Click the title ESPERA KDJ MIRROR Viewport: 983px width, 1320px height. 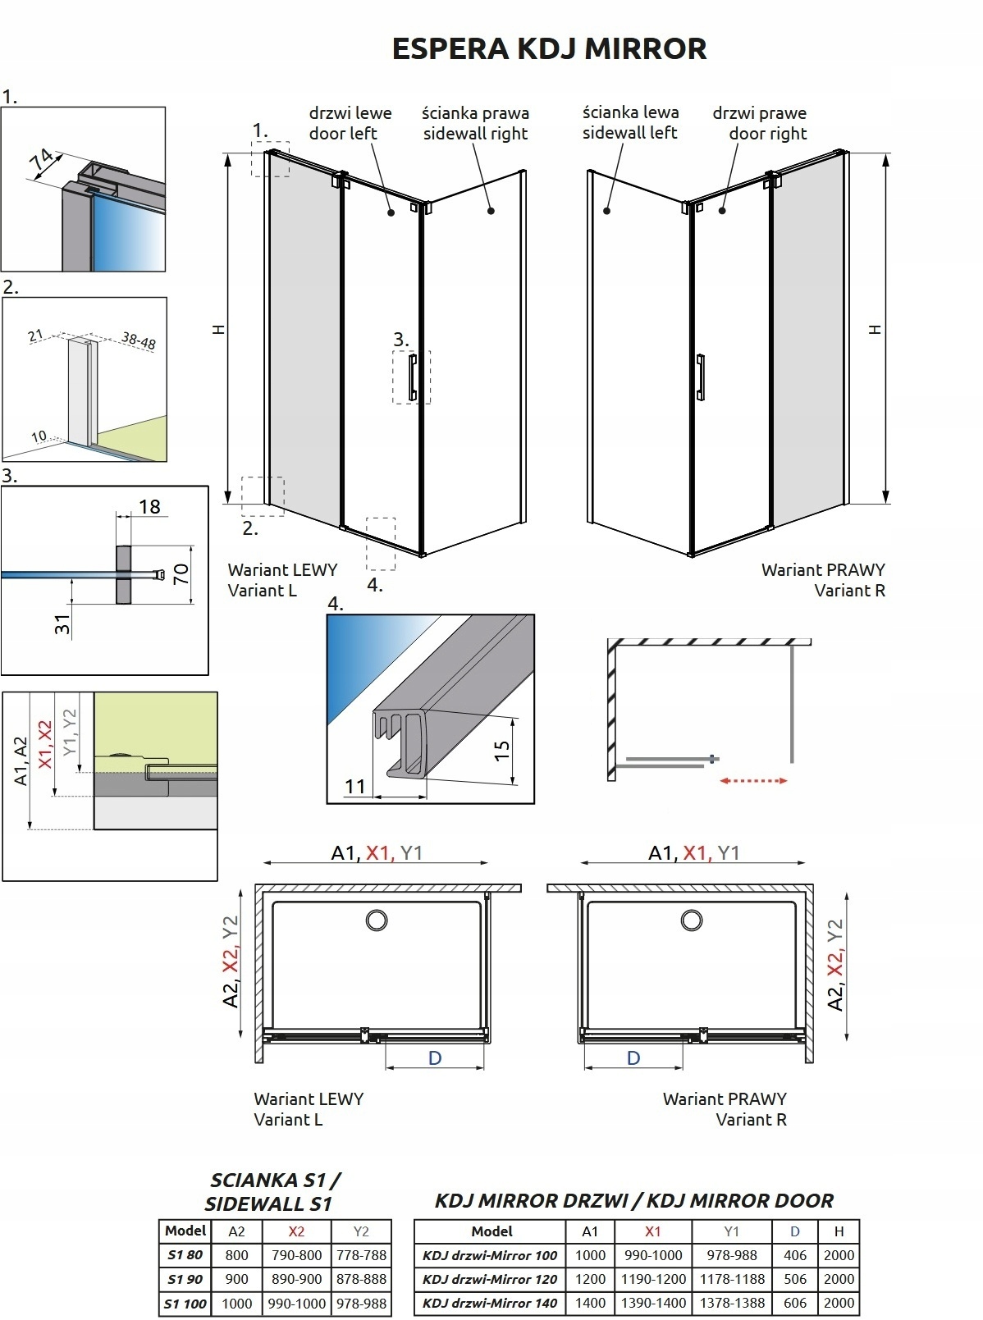click(549, 48)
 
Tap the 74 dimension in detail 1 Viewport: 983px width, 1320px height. click(43, 161)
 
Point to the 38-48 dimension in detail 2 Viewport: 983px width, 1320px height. click(139, 340)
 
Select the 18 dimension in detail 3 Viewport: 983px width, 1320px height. click(149, 506)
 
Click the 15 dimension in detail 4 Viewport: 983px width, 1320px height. click(501, 750)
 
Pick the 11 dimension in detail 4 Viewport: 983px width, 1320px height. click(354, 786)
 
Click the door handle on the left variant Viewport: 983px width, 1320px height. click(413, 377)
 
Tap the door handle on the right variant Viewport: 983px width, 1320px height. click(701, 377)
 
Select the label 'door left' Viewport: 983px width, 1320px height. click(343, 133)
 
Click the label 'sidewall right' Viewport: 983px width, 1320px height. click(475, 134)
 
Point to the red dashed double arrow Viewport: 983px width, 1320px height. click(754, 780)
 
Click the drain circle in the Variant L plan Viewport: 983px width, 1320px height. click(377, 920)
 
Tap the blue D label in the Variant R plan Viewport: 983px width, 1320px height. click(633, 1057)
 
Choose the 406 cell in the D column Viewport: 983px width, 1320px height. click(795, 1255)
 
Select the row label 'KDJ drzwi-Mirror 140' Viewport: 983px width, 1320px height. click(490, 1304)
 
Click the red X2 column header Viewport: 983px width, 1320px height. click(296, 1231)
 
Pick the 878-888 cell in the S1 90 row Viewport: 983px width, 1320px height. click(361, 1279)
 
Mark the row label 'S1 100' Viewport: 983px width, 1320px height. click(185, 1304)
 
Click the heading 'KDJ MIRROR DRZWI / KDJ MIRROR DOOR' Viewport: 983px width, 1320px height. click(634, 1201)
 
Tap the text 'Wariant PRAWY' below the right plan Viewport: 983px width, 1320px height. click(725, 1098)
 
